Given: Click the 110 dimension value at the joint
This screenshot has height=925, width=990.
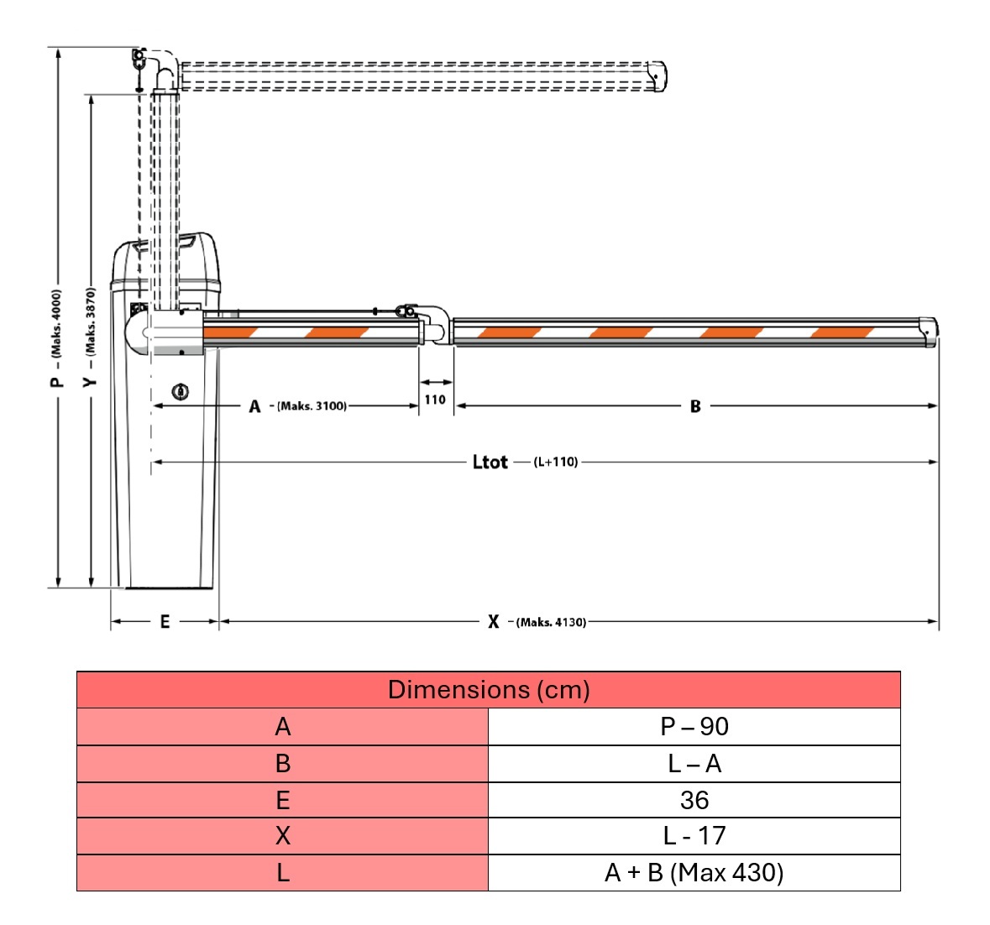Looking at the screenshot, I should click(x=435, y=400).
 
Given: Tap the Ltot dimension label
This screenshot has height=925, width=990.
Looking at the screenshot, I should click(x=490, y=462).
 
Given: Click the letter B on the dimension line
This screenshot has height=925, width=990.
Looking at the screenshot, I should click(x=695, y=406).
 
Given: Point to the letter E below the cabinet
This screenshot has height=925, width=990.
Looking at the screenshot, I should click(x=165, y=622).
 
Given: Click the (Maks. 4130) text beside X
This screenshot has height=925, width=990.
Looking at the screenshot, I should click(x=551, y=622).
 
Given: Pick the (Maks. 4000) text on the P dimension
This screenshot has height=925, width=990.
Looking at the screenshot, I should click(x=56, y=324).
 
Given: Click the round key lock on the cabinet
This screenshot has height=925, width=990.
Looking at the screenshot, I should click(x=181, y=391).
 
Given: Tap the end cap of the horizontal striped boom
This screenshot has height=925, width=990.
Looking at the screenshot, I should click(x=928, y=331).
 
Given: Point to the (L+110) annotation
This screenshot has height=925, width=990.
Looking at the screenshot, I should click(x=556, y=462).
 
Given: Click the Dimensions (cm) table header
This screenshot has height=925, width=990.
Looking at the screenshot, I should click(x=489, y=690).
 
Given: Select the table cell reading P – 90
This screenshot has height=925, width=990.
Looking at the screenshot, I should click(x=694, y=727).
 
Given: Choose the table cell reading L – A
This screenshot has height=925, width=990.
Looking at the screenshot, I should click(x=694, y=764).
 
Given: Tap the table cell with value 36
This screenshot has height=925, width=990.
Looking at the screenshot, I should click(x=694, y=800).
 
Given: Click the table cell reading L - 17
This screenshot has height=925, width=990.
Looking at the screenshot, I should click(x=694, y=836).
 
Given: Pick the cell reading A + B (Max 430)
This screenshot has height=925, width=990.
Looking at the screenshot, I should click(x=694, y=873).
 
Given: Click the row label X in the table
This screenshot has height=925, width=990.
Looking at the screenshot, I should click(x=283, y=836).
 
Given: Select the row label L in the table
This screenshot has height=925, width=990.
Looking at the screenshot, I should click(x=283, y=873).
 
